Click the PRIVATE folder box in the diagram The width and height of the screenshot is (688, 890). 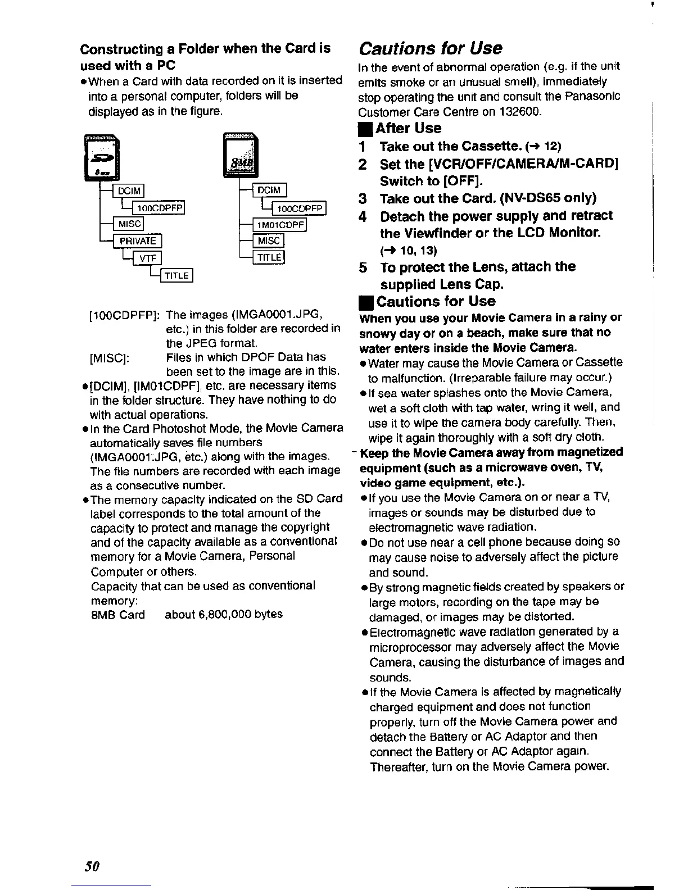click(x=138, y=241)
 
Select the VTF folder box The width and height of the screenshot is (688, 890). click(x=147, y=258)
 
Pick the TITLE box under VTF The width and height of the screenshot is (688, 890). click(x=177, y=275)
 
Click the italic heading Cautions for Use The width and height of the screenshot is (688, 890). click(x=431, y=48)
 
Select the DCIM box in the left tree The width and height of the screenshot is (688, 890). click(x=129, y=191)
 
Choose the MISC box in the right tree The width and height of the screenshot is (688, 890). click(x=269, y=241)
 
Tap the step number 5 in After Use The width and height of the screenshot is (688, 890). click(x=364, y=267)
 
